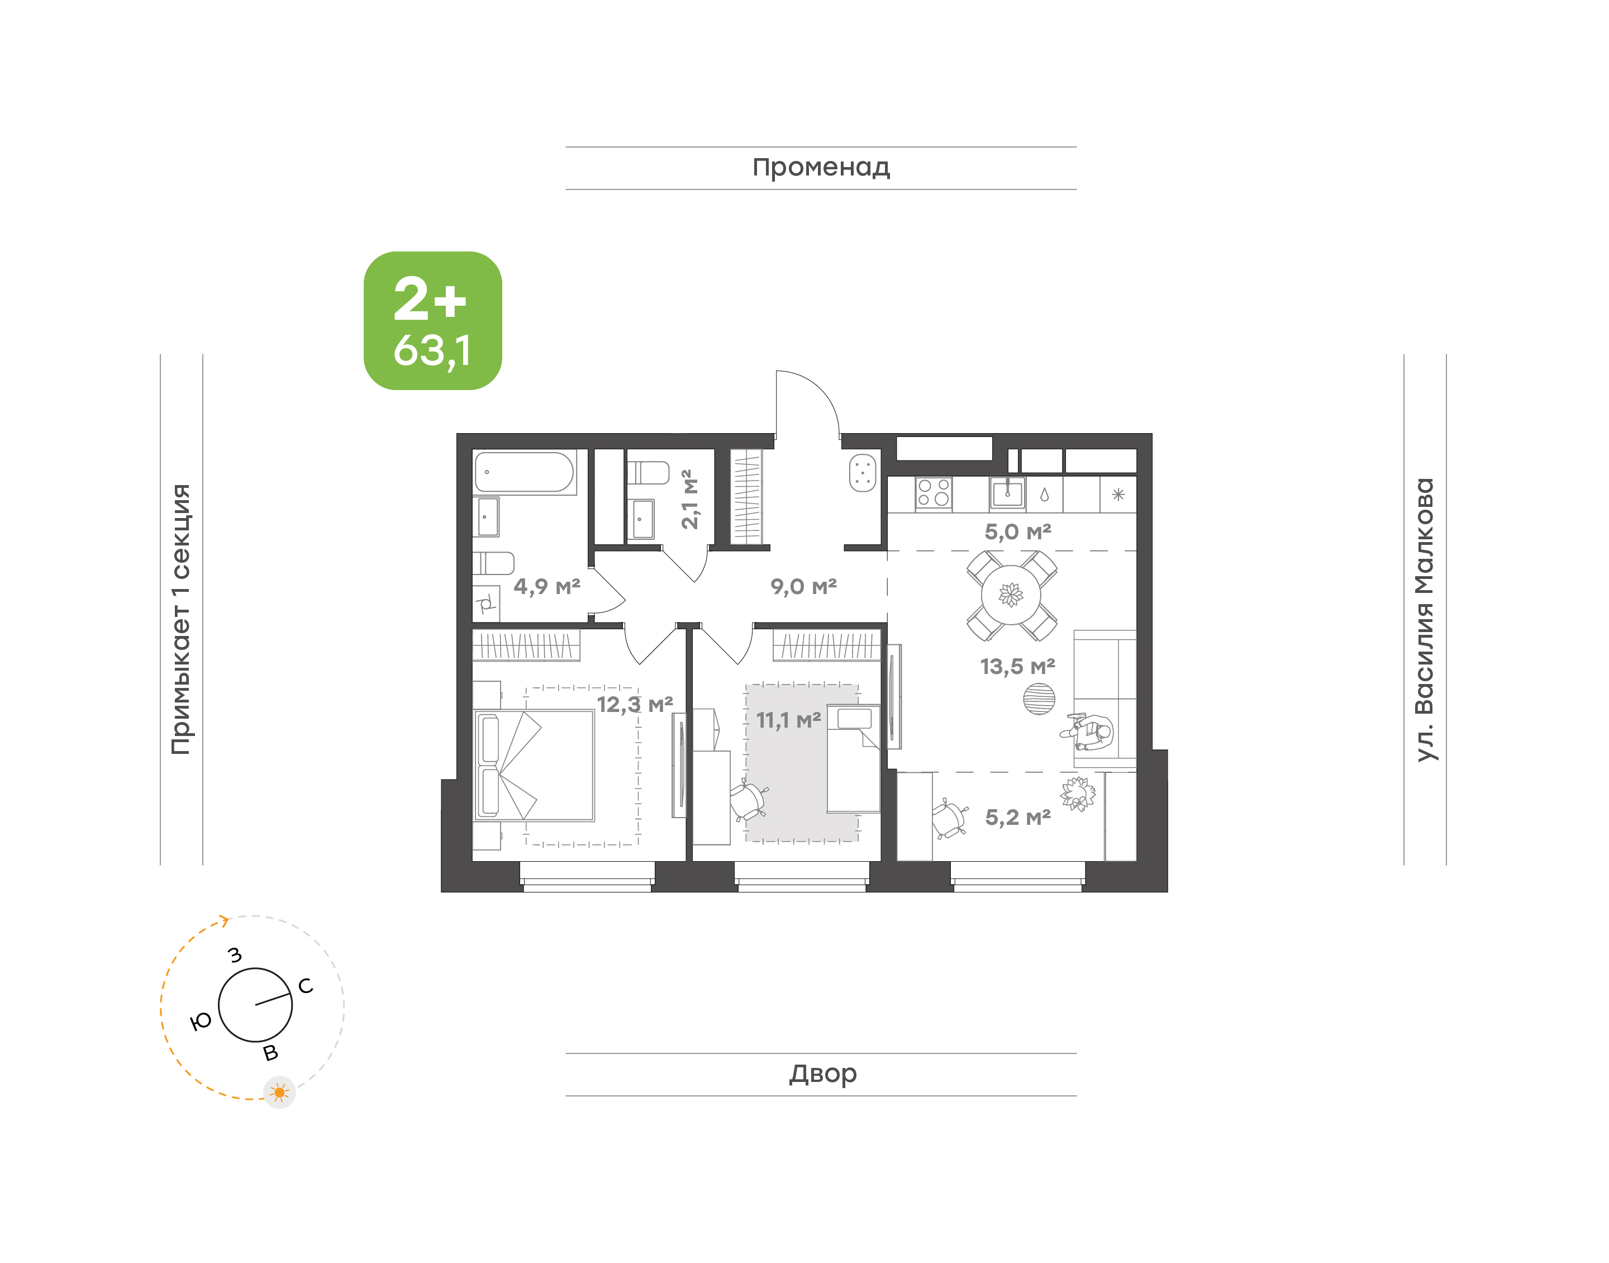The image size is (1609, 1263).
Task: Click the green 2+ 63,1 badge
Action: tap(432, 320)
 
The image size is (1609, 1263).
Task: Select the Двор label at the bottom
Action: tap(822, 1074)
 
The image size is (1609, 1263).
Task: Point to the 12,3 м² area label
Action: tap(635, 704)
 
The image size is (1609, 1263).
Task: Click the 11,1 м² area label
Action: tap(788, 719)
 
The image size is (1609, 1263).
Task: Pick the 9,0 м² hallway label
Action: tap(803, 586)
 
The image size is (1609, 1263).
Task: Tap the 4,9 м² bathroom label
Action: tap(547, 586)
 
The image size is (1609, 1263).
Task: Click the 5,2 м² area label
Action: tap(1018, 817)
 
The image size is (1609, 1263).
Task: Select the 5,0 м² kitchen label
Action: tap(1018, 531)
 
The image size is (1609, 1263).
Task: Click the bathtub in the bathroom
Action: tap(524, 472)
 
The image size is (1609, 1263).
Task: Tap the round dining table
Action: tap(1011, 595)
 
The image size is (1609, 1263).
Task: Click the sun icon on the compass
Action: tap(279, 1092)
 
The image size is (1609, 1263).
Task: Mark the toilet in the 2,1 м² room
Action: tap(648, 473)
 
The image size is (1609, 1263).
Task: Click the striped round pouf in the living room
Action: tap(1039, 699)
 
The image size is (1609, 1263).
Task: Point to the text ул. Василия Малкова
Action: tap(1424, 620)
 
